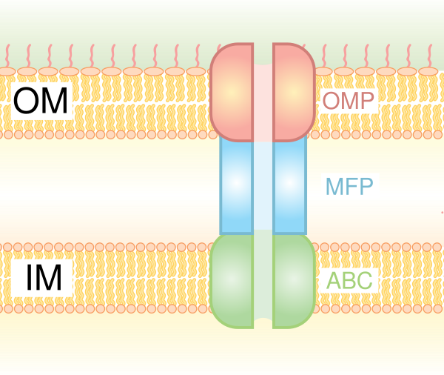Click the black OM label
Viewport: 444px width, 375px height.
[41, 102]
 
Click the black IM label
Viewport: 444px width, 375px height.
[41, 278]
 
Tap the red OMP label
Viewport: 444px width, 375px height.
[349, 102]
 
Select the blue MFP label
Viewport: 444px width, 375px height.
[349, 186]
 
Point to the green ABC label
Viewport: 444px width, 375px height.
[349, 281]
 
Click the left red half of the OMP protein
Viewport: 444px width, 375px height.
[231, 92]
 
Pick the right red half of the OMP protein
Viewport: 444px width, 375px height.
[294, 92]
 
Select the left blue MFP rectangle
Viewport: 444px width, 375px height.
[236, 185]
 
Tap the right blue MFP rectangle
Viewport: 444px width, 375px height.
[289, 185]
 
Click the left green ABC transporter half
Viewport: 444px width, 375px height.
[232, 279]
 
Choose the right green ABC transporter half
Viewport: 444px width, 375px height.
[295, 279]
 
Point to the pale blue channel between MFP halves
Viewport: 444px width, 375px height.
[263, 185]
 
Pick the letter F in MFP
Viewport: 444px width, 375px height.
[351, 186]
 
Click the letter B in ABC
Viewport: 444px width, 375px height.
[349, 281]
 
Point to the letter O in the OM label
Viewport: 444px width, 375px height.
[27, 102]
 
